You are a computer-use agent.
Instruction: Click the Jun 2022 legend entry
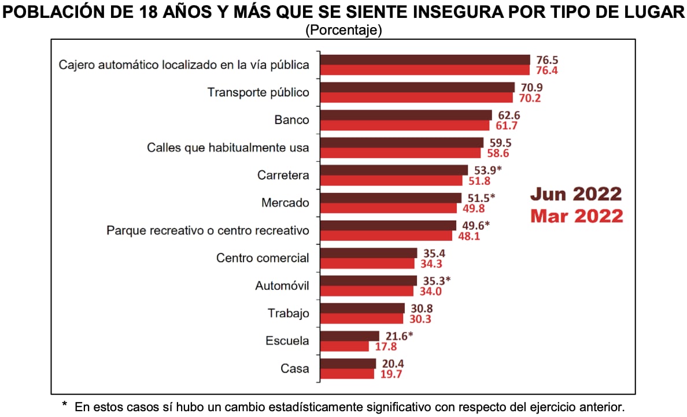pyautogui.click(x=577, y=194)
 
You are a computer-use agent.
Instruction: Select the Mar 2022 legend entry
pyautogui.click(x=577, y=216)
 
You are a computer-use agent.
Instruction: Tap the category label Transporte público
pyautogui.click(x=258, y=92)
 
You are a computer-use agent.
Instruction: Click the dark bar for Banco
pyautogui.click(x=406, y=116)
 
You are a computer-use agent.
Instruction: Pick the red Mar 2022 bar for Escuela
pyautogui.click(x=345, y=346)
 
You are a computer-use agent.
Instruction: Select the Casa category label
pyautogui.click(x=294, y=368)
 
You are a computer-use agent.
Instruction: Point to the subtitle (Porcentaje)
pyautogui.click(x=343, y=30)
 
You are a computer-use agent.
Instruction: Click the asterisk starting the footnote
pyautogui.click(x=65, y=405)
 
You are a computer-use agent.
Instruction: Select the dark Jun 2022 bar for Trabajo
pyautogui.click(x=363, y=308)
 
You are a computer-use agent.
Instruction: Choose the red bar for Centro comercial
pyautogui.click(x=367, y=263)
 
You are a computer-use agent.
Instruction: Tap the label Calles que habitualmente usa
pyautogui.click(x=228, y=148)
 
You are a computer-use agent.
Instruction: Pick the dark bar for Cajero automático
pyautogui.click(x=425, y=59)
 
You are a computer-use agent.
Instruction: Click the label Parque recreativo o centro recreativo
pyautogui.click(x=208, y=230)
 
